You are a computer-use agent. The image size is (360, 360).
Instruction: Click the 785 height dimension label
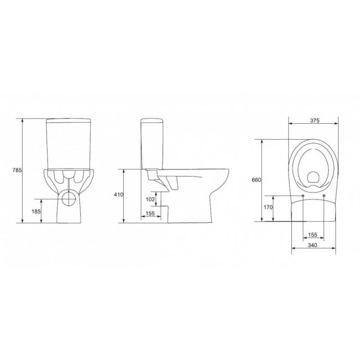17,170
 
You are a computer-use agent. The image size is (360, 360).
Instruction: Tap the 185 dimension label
36,212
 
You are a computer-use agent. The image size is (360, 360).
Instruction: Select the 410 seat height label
119,195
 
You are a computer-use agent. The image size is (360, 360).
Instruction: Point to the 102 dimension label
150,199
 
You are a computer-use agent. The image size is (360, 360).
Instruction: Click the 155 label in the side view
150,214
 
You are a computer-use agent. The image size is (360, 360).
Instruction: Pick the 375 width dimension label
315,120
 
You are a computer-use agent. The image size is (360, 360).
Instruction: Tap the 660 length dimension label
256,180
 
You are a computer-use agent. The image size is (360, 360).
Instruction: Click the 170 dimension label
268,207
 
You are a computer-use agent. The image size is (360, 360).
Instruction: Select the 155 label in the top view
312,235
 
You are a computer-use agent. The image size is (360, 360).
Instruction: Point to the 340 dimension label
312,245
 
